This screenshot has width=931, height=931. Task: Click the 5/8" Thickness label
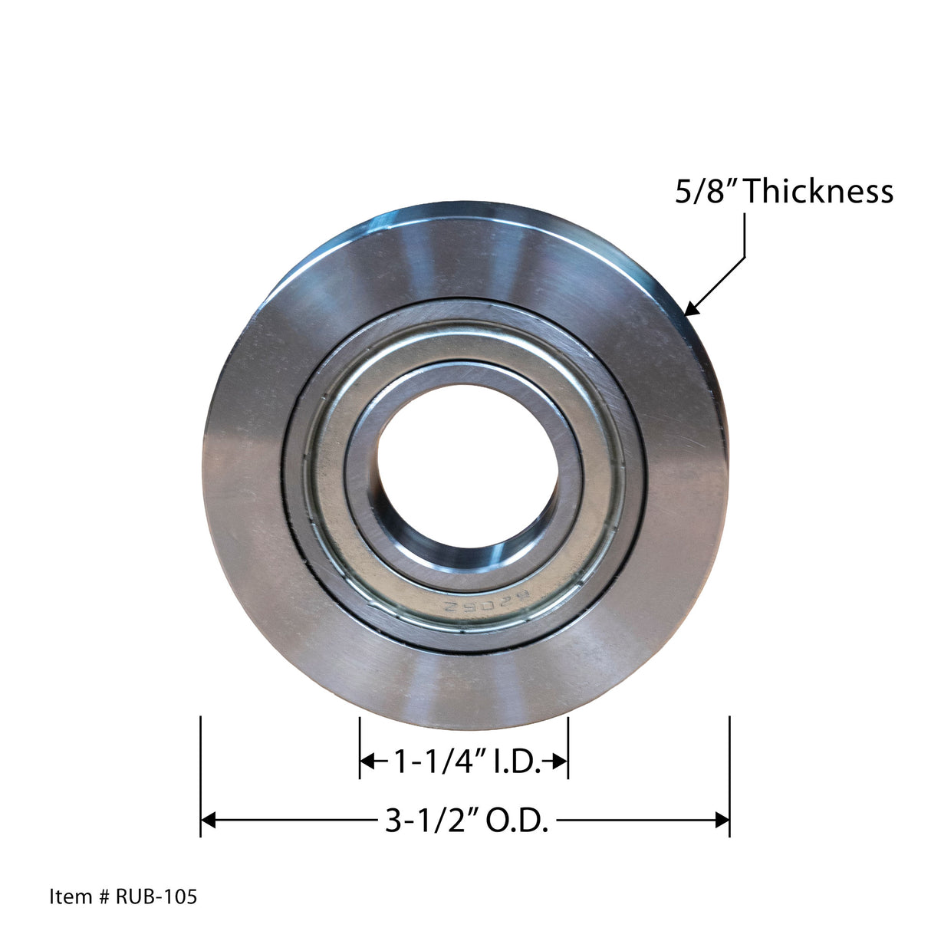tap(784, 191)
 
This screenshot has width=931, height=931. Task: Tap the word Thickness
tap(819, 191)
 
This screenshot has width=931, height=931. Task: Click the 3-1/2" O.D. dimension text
tap(466, 821)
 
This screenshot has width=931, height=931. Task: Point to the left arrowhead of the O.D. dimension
tap(208, 820)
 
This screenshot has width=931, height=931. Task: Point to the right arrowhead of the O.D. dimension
tap(722, 820)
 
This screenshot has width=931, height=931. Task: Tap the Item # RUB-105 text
tap(123, 896)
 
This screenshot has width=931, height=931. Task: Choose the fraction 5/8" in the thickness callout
tap(706, 191)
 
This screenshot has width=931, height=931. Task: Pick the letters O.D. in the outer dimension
tap(520, 821)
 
